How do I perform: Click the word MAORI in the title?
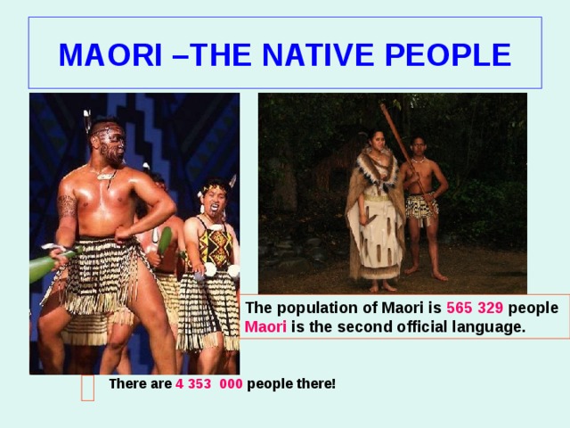(110, 54)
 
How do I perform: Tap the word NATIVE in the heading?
(318, 54)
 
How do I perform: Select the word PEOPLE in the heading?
(448, 54)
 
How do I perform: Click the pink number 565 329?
(475, 308)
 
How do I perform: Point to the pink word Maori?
(265, 326)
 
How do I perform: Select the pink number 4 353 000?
(209, 383)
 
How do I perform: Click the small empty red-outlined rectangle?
(87, 388)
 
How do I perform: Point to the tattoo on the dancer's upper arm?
(67, 206)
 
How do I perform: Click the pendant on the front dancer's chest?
(106, 177)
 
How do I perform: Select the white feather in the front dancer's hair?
(87, 120)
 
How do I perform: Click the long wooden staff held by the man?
(408, 160)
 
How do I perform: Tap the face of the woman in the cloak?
(378, 141)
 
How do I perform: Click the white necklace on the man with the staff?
(419, 160)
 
